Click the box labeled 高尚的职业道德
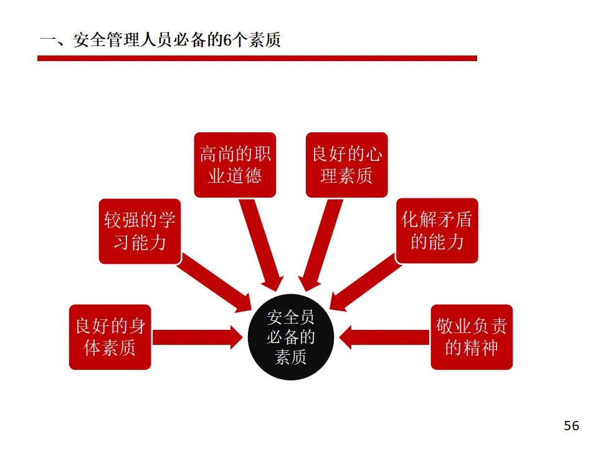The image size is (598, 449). [x=235, y=165]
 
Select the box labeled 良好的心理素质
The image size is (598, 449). [x=346, y=165]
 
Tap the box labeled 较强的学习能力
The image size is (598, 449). [x=140, y=231]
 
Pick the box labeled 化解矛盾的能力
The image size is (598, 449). [x=437, y=230]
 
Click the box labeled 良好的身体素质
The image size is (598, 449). [x=110, y=337]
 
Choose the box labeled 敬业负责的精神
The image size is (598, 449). [x=472, y=337]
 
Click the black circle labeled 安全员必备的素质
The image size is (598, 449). [x=291, y=337]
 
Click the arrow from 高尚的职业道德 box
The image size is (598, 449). [x=262, y=243]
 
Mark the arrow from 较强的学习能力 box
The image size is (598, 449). [x=212, y=282]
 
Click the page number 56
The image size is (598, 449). [x=571, y=426]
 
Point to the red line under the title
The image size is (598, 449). [x=257, y=58]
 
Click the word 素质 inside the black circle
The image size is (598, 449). [x=291, y=357]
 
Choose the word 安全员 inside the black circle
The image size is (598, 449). [x=291, y=318]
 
